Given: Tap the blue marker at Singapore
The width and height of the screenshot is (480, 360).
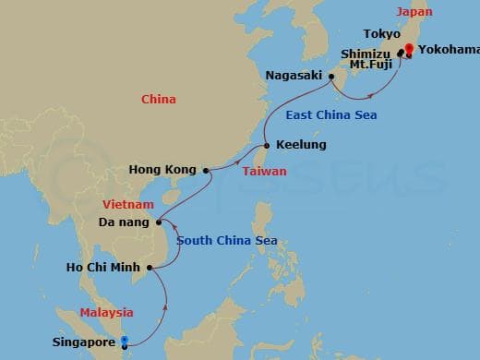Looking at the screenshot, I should click(x=125, y=341).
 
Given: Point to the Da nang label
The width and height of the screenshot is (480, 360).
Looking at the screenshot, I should click(x=124, y=222).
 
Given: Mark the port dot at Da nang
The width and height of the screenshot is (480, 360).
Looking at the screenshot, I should click(x=160, y=222).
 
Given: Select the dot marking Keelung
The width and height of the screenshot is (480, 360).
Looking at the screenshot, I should click(x=267, y=146).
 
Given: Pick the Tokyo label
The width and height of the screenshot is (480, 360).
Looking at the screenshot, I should click(x=382, y=34).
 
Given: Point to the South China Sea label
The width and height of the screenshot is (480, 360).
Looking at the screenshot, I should click(x=227, y=242).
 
